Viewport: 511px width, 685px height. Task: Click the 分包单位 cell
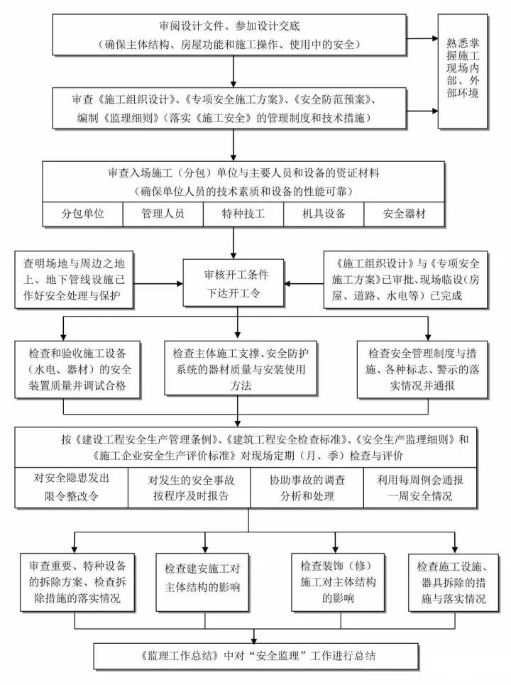tap(83, 214)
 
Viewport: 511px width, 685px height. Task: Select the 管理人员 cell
tap(163, 214)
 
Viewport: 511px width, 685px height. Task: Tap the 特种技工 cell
tap(243, 214)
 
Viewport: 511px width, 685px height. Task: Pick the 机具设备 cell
tap(324, 214)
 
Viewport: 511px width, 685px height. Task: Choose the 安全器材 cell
tap(405, 214)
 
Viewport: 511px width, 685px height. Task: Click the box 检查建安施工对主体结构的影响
tap(203, 579)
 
